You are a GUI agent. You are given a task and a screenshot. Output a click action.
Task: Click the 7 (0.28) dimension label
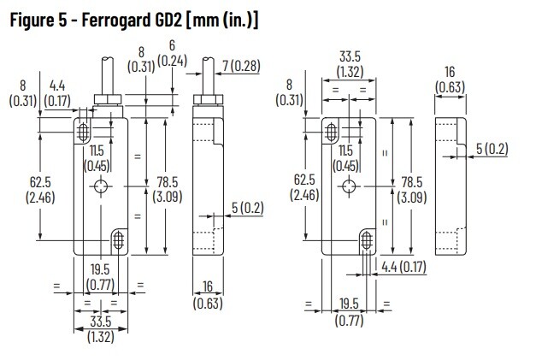240,66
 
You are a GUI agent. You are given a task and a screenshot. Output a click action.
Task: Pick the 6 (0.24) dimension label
174,53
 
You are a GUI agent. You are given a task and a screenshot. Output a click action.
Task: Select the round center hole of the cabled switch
101,189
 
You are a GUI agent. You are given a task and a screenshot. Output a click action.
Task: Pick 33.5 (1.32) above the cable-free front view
348,65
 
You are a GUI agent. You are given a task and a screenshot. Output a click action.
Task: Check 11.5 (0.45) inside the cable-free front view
346,159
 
